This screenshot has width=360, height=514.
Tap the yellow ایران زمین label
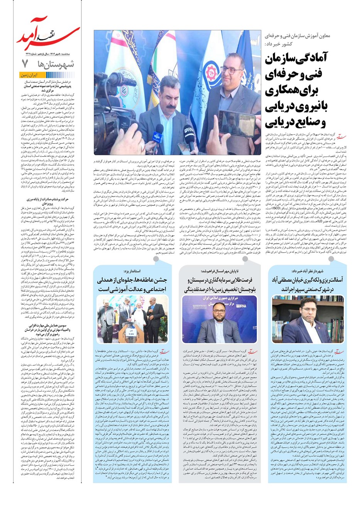pos(30,76)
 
